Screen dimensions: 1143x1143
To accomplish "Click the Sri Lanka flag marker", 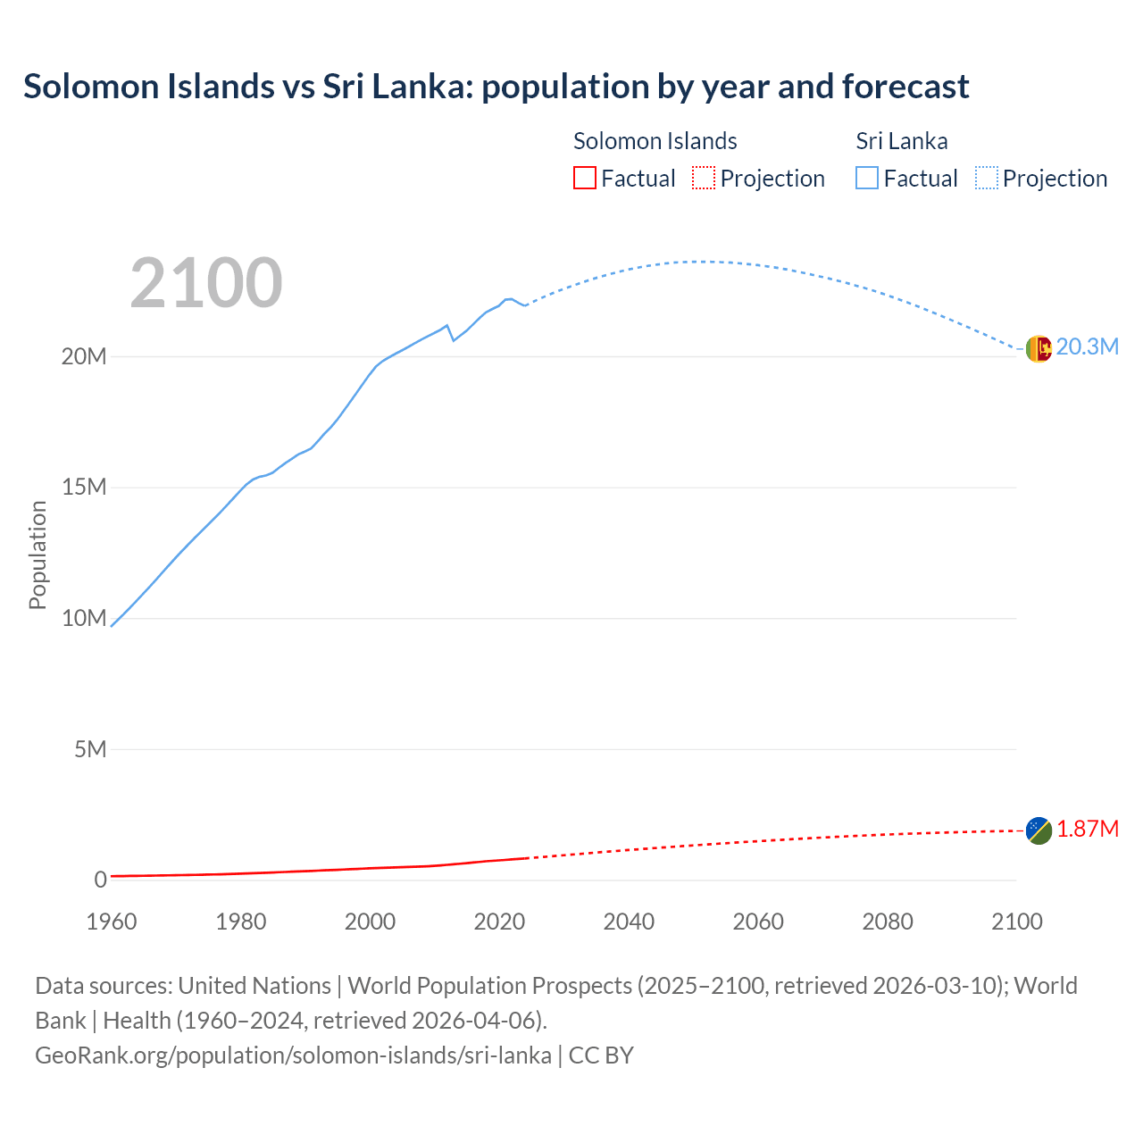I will point(1039,348).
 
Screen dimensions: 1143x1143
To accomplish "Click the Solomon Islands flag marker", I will point(1039,830).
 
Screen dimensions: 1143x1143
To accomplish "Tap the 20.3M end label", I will point(1087,347).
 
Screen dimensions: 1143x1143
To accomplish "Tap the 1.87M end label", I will point(1087,830).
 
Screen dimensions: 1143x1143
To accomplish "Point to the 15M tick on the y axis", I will point(84,488).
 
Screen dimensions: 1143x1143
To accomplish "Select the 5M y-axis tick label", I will point(90,749).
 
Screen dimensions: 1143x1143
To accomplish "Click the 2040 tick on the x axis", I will point(629,922).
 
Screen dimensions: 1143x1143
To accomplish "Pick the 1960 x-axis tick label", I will point(112,922).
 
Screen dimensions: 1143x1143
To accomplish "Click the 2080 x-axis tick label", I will point(888,922).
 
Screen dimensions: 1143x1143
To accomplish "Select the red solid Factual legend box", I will point(585,179).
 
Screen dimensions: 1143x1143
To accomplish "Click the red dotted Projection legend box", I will point(704,179).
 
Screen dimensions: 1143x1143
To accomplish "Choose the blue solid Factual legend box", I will point(867,179).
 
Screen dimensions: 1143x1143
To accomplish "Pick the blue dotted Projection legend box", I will point(986,179).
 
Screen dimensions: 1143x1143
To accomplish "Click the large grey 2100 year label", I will point(206,283).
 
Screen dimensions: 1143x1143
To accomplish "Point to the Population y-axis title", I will point(38,555).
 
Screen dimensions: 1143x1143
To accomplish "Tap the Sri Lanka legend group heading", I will point(901,141).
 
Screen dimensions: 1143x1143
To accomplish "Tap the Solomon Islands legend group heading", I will point(655,141).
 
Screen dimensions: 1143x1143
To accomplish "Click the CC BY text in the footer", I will point(601,1055).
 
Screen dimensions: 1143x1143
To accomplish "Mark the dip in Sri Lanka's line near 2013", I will point(454,340).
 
